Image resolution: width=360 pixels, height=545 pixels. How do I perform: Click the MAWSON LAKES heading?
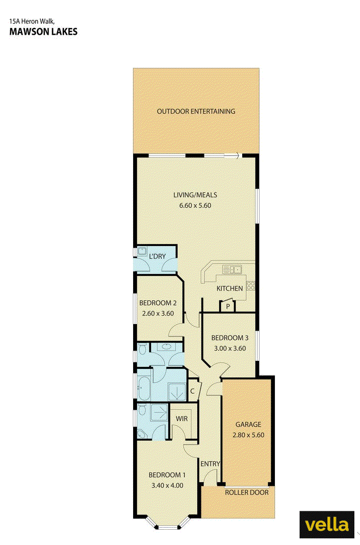[x=43, y=32]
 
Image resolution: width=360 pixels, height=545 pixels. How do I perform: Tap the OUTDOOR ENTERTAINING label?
[x=196, y=111]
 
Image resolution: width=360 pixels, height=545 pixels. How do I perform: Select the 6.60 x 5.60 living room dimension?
[x=195, y=206]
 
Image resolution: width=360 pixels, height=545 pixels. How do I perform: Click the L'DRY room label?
[x=157, y=256]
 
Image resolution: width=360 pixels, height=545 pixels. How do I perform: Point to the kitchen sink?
[x=232, y=269]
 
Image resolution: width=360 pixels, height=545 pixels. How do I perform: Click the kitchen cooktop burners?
[x=251, y=286]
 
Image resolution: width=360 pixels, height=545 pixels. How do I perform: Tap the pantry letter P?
[x=228, y=307]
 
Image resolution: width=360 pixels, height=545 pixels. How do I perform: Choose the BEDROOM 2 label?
[x=158, y=303]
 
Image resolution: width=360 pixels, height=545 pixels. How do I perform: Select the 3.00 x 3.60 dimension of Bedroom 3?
[x=230, y=348]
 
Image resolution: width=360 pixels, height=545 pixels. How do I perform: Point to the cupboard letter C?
[x=192, y=391]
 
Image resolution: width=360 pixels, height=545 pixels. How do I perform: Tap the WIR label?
[x=182, y=418]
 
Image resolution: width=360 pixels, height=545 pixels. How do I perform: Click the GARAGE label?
[x=248, y=424]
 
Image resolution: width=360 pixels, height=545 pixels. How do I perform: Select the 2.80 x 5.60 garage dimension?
[x=248, y=435]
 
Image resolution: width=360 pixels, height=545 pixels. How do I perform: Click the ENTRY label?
[x=210, y=464]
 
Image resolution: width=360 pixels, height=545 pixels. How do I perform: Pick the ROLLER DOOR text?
[x=247, y=492]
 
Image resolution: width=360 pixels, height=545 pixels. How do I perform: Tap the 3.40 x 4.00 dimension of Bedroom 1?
[x=167, y=485]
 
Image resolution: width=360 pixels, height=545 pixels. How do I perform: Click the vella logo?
[x=327, y=525]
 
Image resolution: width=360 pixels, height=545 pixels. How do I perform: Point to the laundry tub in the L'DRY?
[x=142, y=251]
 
